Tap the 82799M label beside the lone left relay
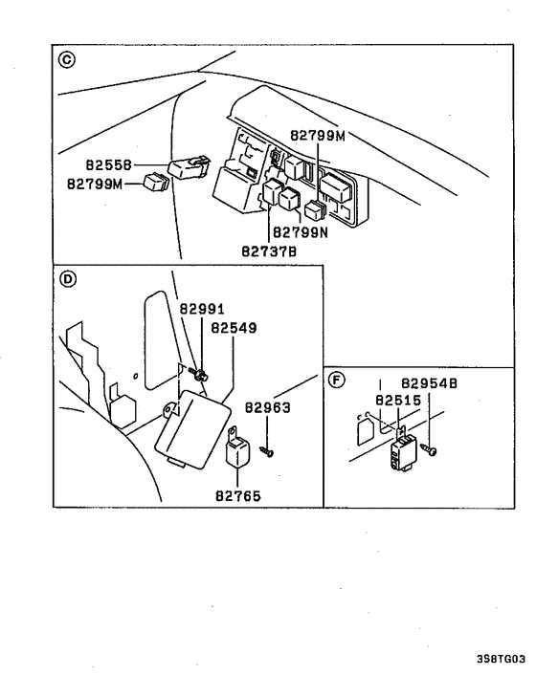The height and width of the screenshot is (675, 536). [95, 183]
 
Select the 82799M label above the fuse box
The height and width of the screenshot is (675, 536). [316, 137]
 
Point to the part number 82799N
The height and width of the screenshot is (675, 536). [300, 231]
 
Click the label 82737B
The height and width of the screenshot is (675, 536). [269, 250]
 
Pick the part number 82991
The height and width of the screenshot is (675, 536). [202, 309]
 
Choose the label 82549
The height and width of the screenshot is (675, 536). [234, 327]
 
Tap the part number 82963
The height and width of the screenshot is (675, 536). [267, 406]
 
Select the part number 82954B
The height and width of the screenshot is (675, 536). [429, 382]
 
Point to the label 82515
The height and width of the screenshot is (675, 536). [397, 401]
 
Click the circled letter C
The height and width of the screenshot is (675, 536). [65, 61]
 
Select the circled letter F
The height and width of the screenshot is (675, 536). [336, 380]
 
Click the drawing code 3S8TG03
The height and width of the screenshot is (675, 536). [500, 660]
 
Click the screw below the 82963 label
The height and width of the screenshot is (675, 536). [269, 451]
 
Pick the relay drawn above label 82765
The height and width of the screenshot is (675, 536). [236, 452]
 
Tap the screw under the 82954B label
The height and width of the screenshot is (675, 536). [433, 447]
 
